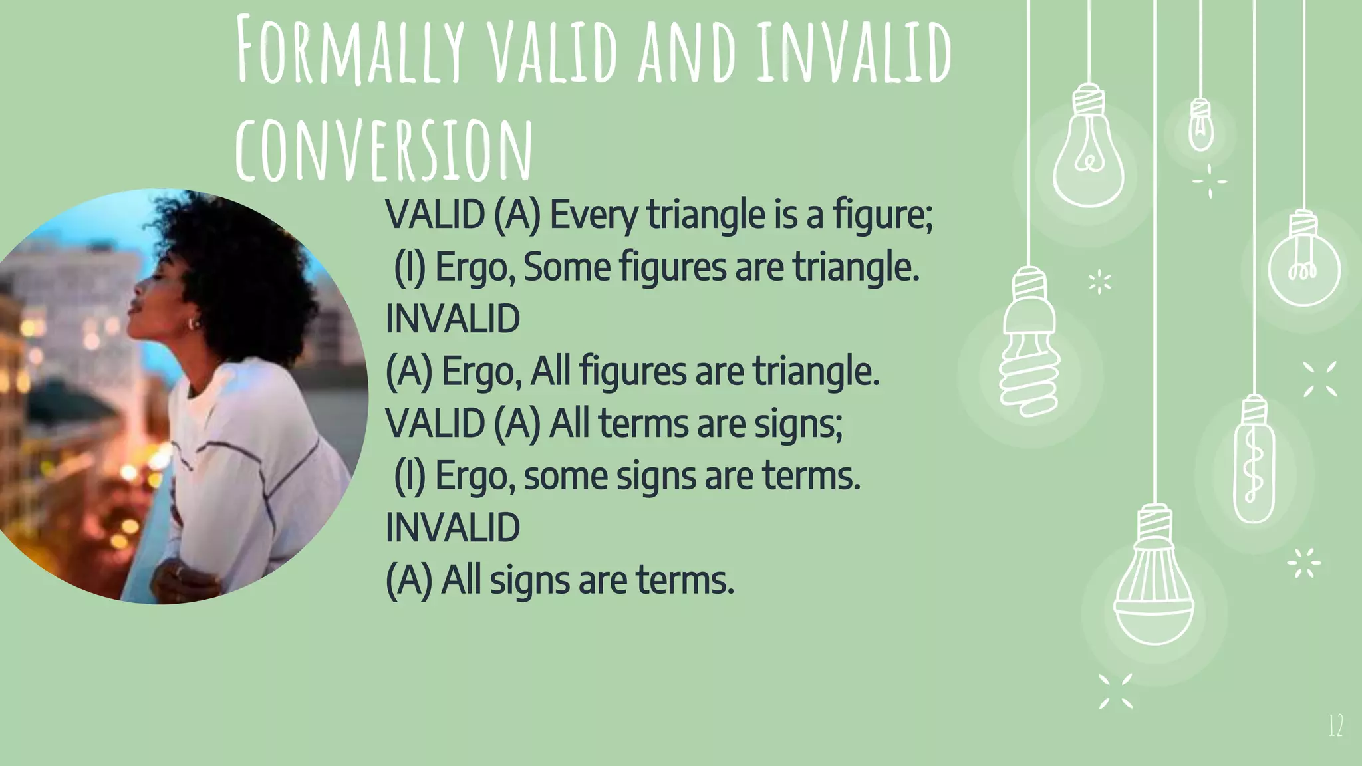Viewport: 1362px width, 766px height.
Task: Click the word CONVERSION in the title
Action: (384, 150)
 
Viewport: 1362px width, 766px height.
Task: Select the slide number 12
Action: (1335, 725)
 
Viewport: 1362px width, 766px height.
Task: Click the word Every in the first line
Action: (593, 215)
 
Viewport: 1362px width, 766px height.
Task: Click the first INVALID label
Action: (453, 319)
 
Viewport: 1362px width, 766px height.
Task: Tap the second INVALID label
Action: (453, 528)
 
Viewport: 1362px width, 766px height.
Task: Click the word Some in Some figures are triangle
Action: (567, 267)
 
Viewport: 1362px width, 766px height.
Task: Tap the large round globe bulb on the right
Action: (1303, 266)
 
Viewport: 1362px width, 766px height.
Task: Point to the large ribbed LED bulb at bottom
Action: (1154, 585)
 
